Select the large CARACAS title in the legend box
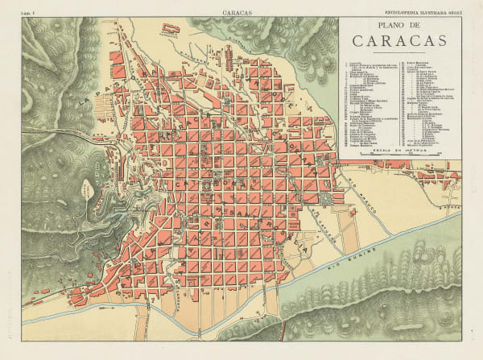click(399, 41)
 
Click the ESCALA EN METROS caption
click(399, 146)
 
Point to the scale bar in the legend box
click(399, 152)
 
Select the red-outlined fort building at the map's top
click(171, 29)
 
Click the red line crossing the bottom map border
click(283, 331)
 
